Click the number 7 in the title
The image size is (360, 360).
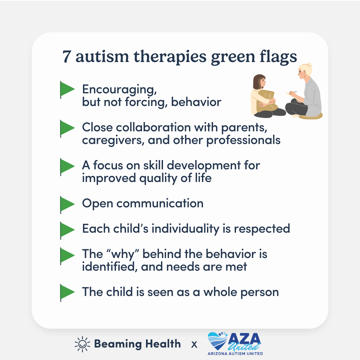tap(67, 56)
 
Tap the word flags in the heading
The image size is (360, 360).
tap(278, 57)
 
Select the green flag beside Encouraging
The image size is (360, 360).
tap(67, 90)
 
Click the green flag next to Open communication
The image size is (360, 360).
tap(67, 205)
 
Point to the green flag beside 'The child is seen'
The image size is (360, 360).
tap(67, 293)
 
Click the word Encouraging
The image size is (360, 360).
tap(119, 90)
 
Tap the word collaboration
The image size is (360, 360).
tap(153, 127)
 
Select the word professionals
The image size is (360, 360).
tap(243, 141)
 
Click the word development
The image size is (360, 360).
tap(204, 166)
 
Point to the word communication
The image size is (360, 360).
tap(160, 203)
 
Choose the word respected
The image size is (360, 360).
tap(262, 229)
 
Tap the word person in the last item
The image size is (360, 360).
tap(260, 293)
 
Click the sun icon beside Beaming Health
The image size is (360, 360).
tap(82, 344)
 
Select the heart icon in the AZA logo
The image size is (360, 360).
tap(218, 341)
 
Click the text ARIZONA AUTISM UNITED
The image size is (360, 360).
tap(235, 354)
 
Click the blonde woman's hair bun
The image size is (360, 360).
tap(309, 65)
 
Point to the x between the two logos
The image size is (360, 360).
tap(194, 344)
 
